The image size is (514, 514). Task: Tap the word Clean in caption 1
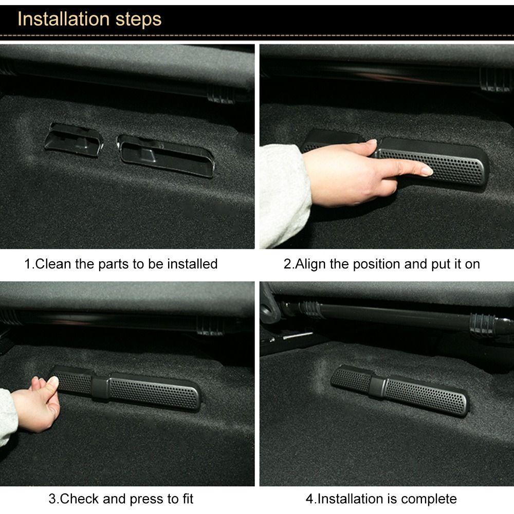click(x=53, y=264)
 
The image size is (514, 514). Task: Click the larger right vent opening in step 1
click(x=166, y=154)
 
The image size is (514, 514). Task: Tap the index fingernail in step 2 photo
click(x=426, y=170)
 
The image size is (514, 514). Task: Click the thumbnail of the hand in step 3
click(x=53, y=381)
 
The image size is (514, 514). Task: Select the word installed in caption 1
click(x=192, y=264)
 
